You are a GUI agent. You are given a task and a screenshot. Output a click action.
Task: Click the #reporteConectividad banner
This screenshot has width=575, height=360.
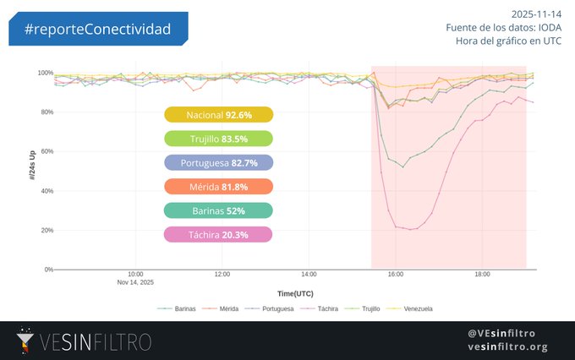(98, 30)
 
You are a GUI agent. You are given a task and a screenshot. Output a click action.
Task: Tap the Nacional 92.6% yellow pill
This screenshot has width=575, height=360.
(218, 115)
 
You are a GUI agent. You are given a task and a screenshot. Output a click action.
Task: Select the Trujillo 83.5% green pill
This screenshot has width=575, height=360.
(218, 139)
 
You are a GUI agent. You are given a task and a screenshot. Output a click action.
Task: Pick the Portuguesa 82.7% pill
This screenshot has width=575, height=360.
(218, 162)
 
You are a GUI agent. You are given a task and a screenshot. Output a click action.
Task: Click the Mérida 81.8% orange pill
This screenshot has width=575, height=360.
(218, 187)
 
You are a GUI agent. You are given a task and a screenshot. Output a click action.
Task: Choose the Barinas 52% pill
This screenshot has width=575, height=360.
(218, 210)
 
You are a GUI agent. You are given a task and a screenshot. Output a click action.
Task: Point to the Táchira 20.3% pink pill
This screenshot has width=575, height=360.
(218, 235)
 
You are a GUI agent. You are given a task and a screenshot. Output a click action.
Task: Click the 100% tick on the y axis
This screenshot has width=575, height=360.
(46, 73)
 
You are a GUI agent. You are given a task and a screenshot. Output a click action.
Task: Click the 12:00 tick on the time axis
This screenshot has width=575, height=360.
(222, 275)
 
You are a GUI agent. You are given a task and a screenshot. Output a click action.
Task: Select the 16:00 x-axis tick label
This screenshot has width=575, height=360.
(396, 275)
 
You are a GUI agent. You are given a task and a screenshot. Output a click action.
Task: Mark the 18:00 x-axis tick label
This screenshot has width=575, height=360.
(482, 275)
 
